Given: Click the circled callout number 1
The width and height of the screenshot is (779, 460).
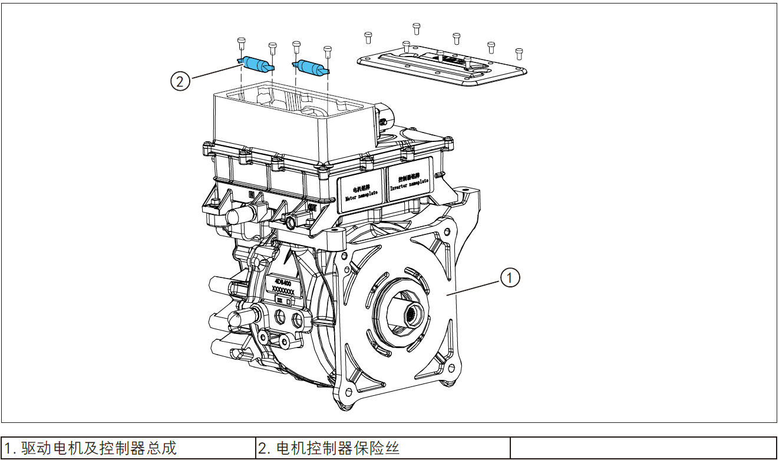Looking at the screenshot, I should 510,277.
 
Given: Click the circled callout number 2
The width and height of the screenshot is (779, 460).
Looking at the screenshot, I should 180,81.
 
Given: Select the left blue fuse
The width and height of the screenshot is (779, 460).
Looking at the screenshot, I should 258,64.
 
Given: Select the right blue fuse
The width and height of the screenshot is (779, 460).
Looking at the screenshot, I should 310,67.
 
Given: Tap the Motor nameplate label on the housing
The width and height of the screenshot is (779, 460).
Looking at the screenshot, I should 361,188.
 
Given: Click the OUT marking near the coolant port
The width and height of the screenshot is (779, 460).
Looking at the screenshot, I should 312,207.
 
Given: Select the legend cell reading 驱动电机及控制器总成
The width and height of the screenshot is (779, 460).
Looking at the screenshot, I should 128,448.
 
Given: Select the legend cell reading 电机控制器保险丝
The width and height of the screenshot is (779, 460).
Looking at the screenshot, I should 383,448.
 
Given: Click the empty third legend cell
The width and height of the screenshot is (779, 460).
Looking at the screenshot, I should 643,448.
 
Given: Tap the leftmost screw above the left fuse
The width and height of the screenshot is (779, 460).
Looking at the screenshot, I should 241,43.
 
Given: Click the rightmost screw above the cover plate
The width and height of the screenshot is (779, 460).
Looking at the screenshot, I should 519,53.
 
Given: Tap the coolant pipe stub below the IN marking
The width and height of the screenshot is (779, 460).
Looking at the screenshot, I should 235,215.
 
